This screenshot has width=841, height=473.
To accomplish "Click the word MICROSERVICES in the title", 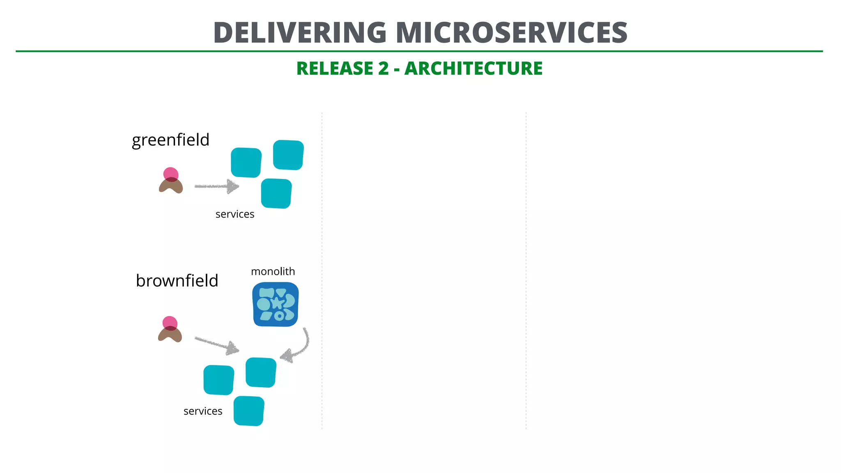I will click(511, 33).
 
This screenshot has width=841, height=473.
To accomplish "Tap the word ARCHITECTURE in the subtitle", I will click(473, 69).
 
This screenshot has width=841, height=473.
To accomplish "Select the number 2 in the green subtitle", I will click(383, 69).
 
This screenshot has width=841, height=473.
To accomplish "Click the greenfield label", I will click(170, 140).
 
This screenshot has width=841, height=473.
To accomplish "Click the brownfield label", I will click(177, 281).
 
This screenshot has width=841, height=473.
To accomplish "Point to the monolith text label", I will click(273, 271).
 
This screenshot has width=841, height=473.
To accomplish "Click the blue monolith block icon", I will click(275, 304).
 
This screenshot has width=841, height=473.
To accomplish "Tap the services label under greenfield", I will click(234, 214).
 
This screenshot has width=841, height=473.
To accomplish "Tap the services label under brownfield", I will click(203, 411).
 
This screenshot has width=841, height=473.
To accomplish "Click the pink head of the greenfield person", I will click(171, 174).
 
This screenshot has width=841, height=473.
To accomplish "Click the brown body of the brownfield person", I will click(170, 335).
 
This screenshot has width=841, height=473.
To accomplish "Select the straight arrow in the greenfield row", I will click(216, 186).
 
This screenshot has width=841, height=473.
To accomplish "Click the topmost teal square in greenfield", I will click(288, 155).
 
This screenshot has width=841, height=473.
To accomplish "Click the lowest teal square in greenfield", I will click(276, 193).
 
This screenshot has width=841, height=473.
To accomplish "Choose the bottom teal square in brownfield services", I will click(249, 411).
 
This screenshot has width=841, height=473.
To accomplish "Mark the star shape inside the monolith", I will click(278, 303).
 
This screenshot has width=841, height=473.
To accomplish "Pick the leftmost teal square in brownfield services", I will click(219, 380).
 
